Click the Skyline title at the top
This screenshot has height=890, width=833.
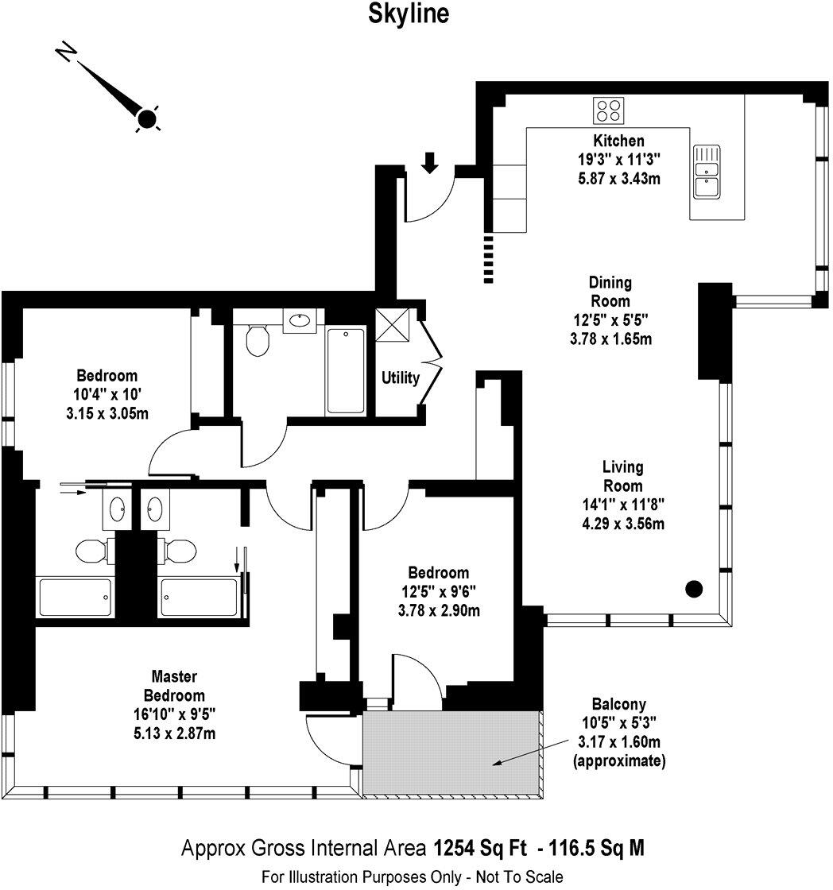pyautogui.click(x=407, y=14)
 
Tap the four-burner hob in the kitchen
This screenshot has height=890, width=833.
pyautogui.click(x=610, y=110)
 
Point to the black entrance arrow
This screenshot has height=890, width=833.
pyautogui.click(x=429, y=162)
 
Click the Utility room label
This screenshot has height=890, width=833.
pyautogui.click(x=400, y=378)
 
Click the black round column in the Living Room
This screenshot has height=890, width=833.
pyautogui.click(x=694, y=589)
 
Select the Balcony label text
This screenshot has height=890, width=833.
pyautogui.click(x=618, y=704)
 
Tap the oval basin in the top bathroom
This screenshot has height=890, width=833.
pyautogui.click(x=300, y=321)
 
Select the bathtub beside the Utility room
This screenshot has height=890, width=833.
pyautogui.click(x=347, y=370)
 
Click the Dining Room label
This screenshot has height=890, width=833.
pyautogui.click(x=610, y=292)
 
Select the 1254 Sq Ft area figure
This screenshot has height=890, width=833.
pyautogui.click(x=481, y=848)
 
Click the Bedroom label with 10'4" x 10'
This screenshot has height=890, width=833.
pyautogui.click(x=107, y=376)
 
